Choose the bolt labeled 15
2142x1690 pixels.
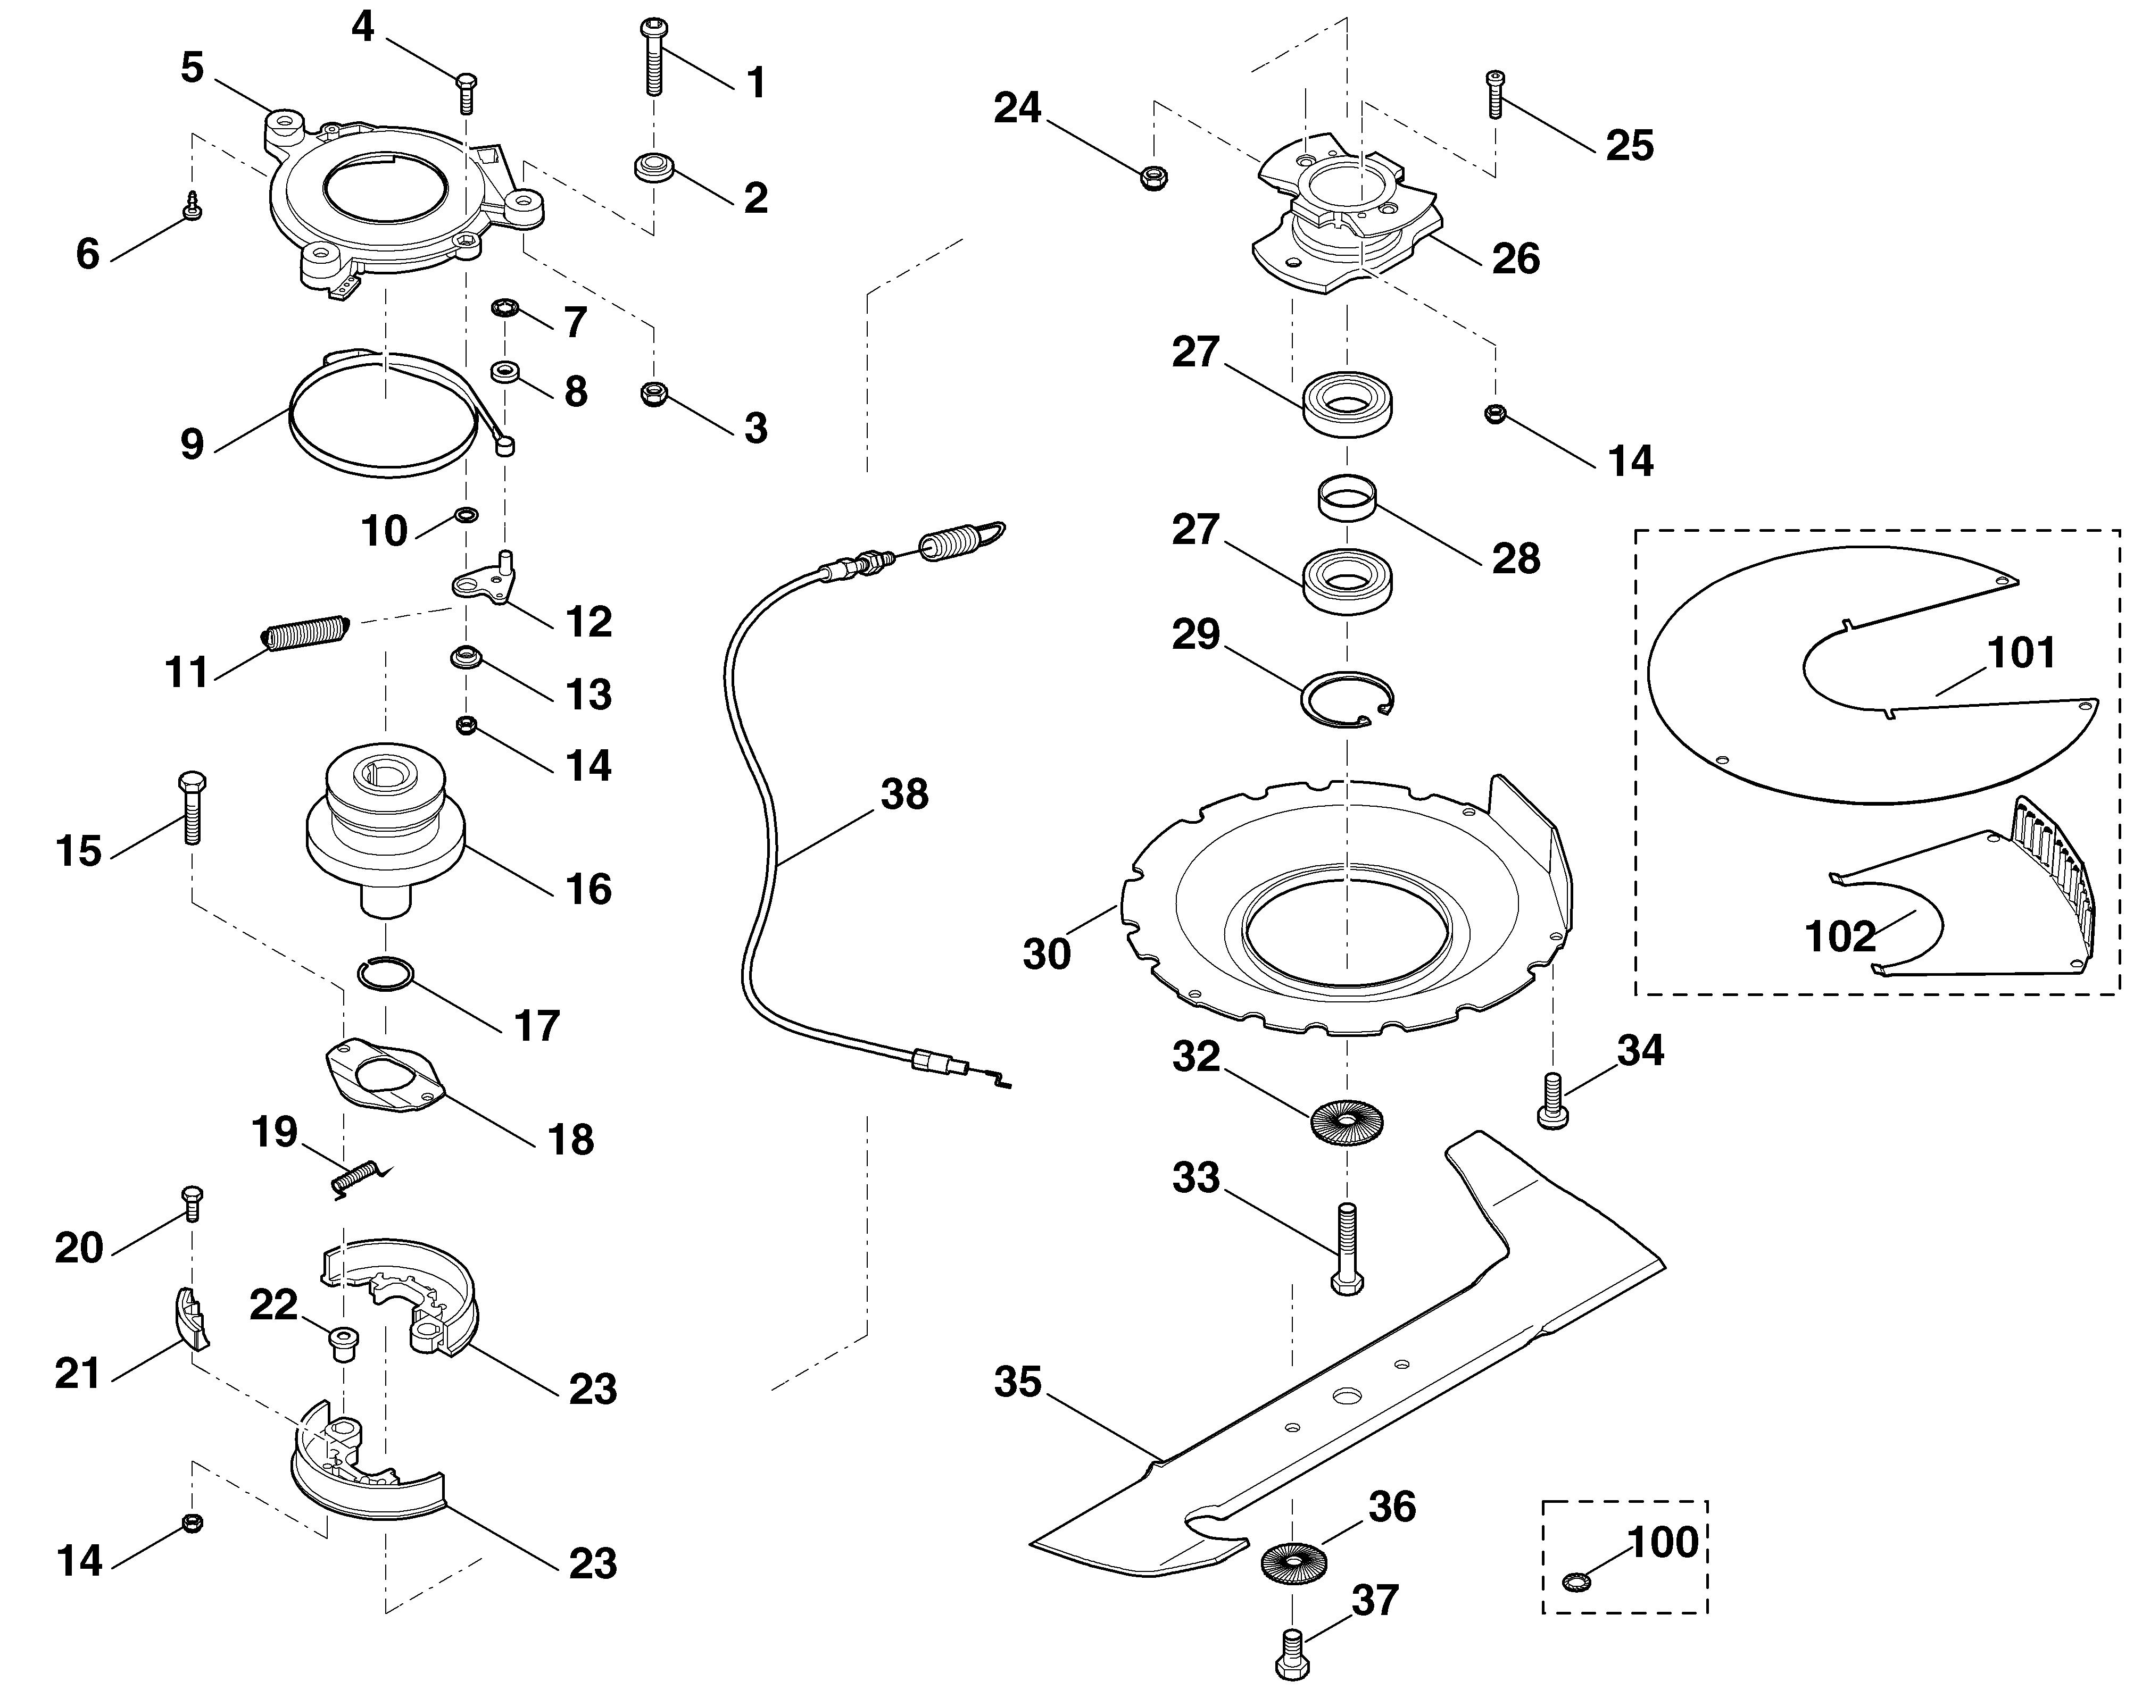point(190,807)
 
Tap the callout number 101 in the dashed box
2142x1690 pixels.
point(2021,653)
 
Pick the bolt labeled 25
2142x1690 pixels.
point(1495,95)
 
